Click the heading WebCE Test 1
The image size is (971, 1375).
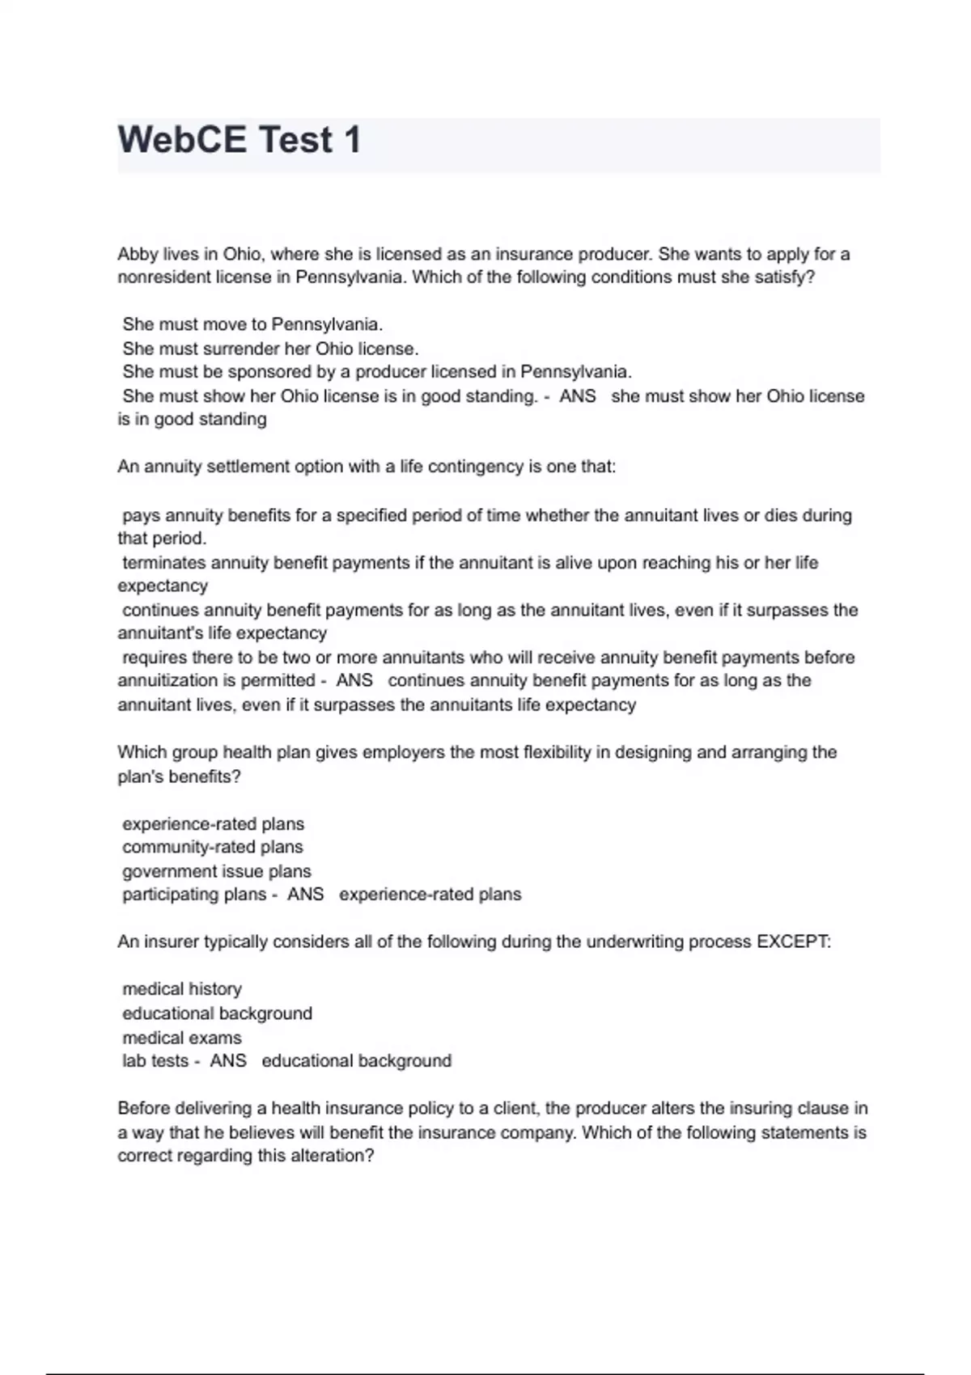[x=240, y=140]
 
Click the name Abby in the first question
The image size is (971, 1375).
[x=138, y=255]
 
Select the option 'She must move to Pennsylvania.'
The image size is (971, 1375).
[x=252, y=325]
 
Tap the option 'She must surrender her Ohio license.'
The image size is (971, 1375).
[x=270, y=349]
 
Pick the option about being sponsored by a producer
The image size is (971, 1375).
[x=377, y=372]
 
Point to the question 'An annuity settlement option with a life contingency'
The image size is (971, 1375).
[x=367, y=467]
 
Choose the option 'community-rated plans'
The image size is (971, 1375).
[x=213, y=848]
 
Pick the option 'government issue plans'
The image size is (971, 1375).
[x=217, y=872]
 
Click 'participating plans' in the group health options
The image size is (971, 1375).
[x=194, y=895]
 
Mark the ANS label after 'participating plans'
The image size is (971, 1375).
[x=306, y=895]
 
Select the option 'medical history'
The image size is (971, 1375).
[x=182, y=989]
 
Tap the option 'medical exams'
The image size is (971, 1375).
[x=182, y=1038]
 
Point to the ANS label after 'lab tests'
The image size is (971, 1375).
[x=228, y=1061]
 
